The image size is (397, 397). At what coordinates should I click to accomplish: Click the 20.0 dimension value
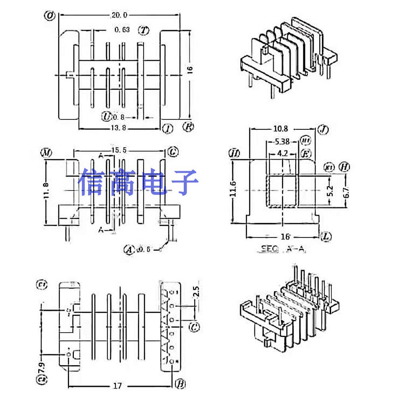click(119, 15)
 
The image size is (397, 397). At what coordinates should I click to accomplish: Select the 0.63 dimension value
click(122, 30)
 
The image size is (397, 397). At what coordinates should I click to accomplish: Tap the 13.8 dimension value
click(119, 128)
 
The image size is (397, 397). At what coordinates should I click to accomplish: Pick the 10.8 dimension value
click(281, 129)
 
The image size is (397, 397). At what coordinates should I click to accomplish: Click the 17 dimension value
click(118, 385)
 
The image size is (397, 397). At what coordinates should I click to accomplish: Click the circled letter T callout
click(143, 30)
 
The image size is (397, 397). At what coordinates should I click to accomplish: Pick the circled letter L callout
click(326, 237)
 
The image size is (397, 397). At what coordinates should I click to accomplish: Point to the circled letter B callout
click(179, 384)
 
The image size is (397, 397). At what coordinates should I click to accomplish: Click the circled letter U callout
click(106, 116)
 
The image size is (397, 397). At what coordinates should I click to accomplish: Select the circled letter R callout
click(188, 127)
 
